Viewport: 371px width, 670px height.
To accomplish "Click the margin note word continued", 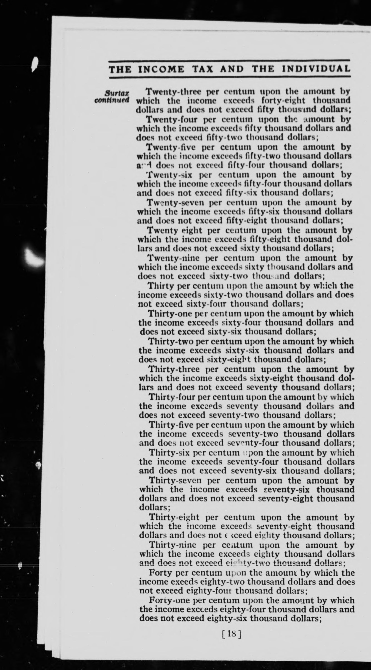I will pos(112,100).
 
